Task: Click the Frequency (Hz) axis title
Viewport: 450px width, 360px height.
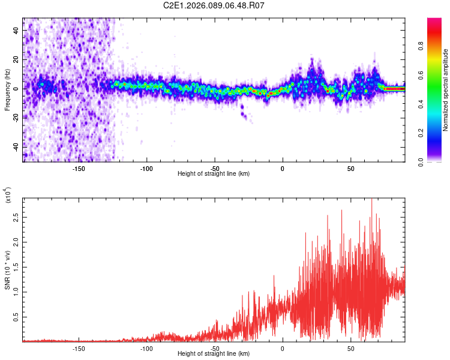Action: pyautogui.click(x=7, y=89)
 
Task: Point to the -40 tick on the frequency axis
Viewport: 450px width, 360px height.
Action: pyautogui.click(x=17, y=147)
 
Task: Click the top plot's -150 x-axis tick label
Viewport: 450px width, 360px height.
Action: pyautogui.click(x=79, y=168)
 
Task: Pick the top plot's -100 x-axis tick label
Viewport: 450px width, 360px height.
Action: pyautogui.click(x=146, y=168)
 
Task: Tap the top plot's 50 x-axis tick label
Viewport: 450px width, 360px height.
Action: pyautogui.click(x=350, y=168)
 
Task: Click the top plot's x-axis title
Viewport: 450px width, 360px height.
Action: pyautogui.click(x=214, y=174)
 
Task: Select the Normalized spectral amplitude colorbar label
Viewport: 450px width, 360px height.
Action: pyautogui.click(x=446, y=90)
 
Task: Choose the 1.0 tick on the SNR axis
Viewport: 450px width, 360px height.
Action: pyautogui.click(x=16, y=291)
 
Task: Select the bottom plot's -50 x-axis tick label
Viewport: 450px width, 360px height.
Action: pyautogui.click(x=214, y=348)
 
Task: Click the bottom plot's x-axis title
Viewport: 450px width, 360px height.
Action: pyautogui.click(x=214, y=354)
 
